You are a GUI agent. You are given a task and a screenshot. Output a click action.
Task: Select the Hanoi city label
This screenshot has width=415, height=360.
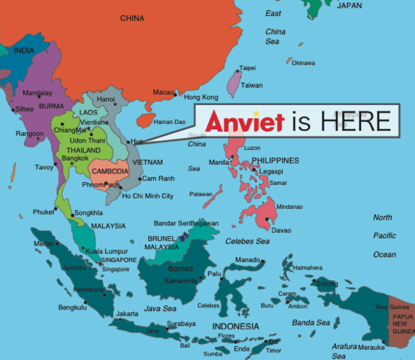tap(106, 99)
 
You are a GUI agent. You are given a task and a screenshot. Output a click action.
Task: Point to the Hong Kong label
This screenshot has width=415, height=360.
tap(201, 97)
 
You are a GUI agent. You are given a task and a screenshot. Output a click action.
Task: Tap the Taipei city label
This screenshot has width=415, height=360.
tap(247, 68)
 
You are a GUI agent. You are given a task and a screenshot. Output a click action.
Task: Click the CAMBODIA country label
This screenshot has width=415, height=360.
tap(109, 171)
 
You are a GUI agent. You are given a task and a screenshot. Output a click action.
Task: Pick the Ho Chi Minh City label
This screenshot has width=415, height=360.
tap(147, 196)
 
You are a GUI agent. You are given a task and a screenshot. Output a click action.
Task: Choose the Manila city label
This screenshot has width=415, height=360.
tap(219, 162)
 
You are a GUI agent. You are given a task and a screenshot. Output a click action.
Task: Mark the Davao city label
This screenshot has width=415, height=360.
tap(281, 230)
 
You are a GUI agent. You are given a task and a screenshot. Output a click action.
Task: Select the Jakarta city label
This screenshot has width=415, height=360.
tap(127, 314)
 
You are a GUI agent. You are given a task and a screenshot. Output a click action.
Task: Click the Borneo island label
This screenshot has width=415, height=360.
tap(180, 269)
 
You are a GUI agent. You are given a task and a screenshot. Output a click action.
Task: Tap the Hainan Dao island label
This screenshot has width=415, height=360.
tap(170, 122)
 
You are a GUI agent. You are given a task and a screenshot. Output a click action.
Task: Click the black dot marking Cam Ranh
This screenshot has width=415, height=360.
tap(138, 178)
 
